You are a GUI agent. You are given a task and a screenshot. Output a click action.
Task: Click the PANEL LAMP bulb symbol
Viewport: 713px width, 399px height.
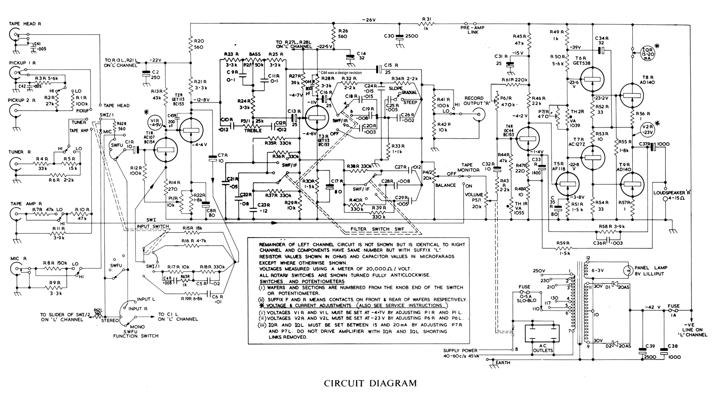point(628,270)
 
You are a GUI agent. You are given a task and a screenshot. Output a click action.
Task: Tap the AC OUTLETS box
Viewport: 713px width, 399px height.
point(542,339)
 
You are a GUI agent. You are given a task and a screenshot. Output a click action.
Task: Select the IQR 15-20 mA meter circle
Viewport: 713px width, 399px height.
point(647,52)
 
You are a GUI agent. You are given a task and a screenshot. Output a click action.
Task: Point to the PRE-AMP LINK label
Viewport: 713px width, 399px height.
point(472,30)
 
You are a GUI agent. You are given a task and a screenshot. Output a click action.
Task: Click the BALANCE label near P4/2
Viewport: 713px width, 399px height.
point(446,185)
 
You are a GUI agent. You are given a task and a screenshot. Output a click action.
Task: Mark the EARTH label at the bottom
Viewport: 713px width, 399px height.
point(503,362)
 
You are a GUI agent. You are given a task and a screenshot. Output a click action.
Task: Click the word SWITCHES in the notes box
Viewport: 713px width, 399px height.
point(273,281)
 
